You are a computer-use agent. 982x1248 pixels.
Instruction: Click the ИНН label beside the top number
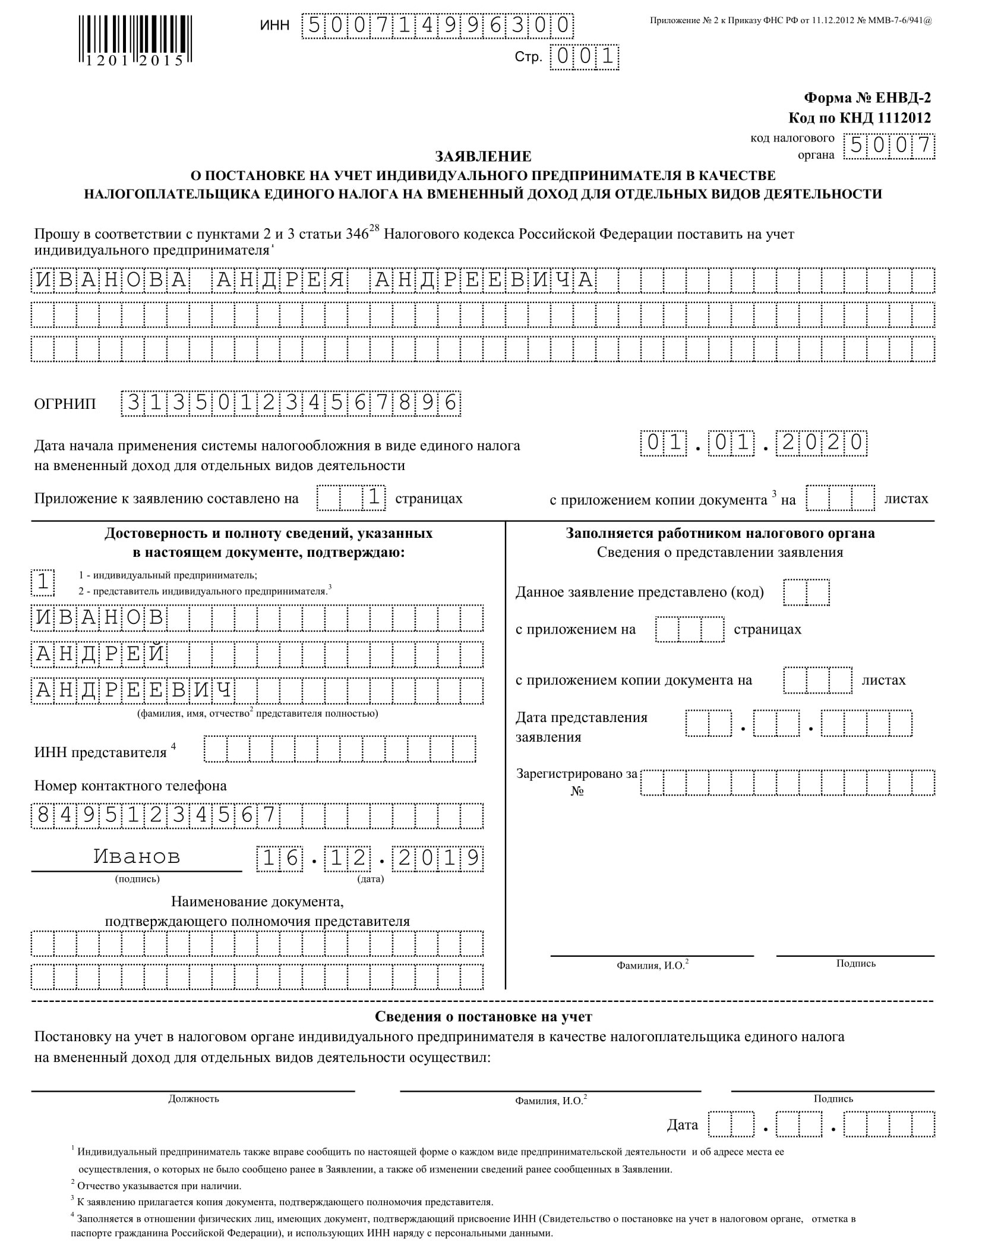coord(274,26)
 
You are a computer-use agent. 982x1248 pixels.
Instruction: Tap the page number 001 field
coord(585,57)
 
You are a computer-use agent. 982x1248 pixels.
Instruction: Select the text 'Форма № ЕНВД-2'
coord(867,98)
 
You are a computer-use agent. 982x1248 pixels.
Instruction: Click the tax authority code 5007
coord(889,146)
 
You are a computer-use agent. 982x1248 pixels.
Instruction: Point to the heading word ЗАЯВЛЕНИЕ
coord(483,156)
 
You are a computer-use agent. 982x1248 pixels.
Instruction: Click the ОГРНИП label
coord(65,404)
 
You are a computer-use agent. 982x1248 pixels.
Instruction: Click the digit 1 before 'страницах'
coord(374,497)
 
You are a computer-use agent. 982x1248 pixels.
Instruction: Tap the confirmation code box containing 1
coord(43,582)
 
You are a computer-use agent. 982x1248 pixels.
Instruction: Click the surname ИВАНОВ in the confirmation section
coord(99,618)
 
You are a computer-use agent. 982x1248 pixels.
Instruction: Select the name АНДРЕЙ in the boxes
coord(99,654)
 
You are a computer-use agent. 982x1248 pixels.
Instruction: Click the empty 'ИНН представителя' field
coord(339,749)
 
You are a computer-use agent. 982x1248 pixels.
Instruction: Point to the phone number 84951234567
coord(156,815)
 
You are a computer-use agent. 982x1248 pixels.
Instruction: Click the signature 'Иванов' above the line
coord(137,856)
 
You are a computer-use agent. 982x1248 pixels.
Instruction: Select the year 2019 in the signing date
coord(438,859)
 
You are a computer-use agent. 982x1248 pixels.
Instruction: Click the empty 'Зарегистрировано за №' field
coord(787,783)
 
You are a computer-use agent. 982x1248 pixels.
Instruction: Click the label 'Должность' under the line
coord(194,1099)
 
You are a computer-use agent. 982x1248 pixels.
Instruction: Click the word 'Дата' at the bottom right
coord(682,1124)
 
